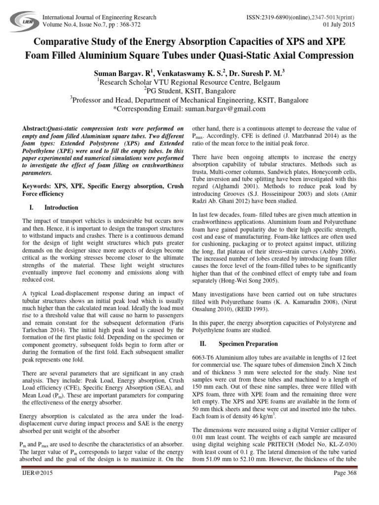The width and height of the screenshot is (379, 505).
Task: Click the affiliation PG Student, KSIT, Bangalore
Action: click(x=189, y=91)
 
